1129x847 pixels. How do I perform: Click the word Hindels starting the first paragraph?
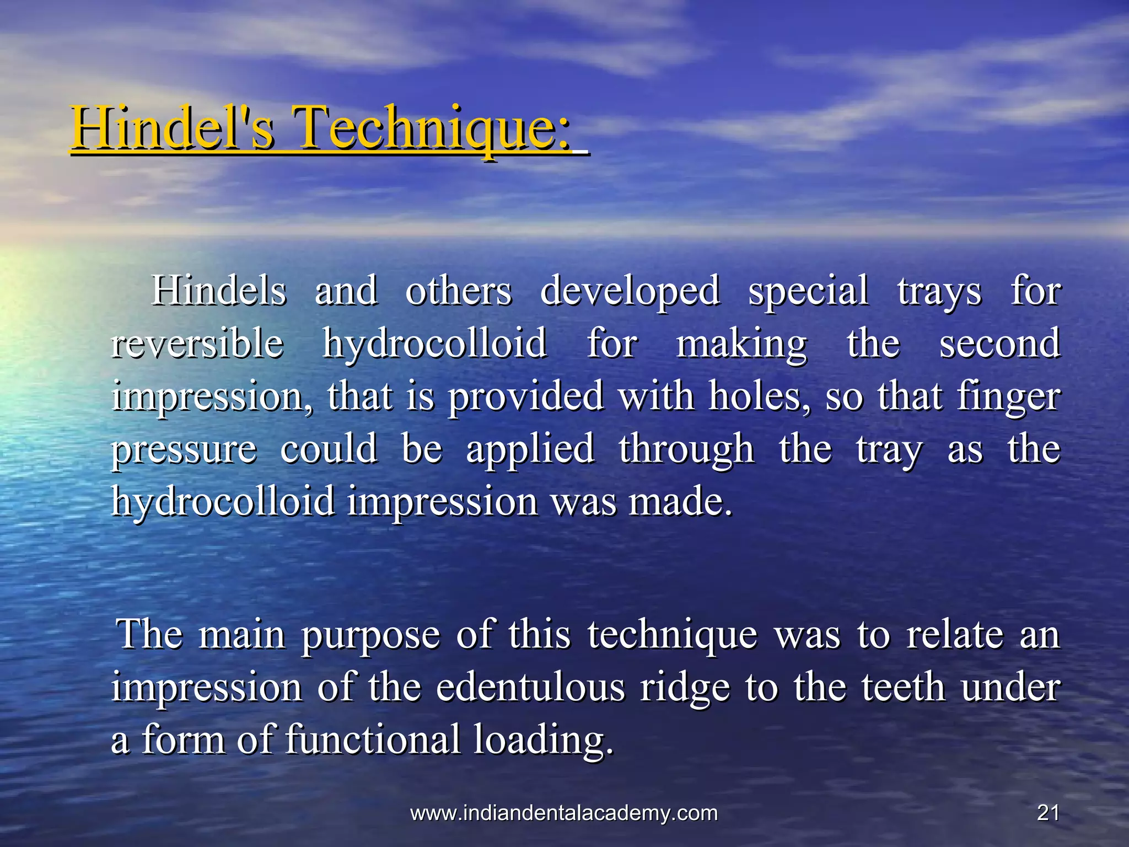(x=219, y=291)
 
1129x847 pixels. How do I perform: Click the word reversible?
(x=197, y=344)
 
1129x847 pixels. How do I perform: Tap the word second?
(x=999, y=344)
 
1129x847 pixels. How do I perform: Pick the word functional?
(x=373, y=739)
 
